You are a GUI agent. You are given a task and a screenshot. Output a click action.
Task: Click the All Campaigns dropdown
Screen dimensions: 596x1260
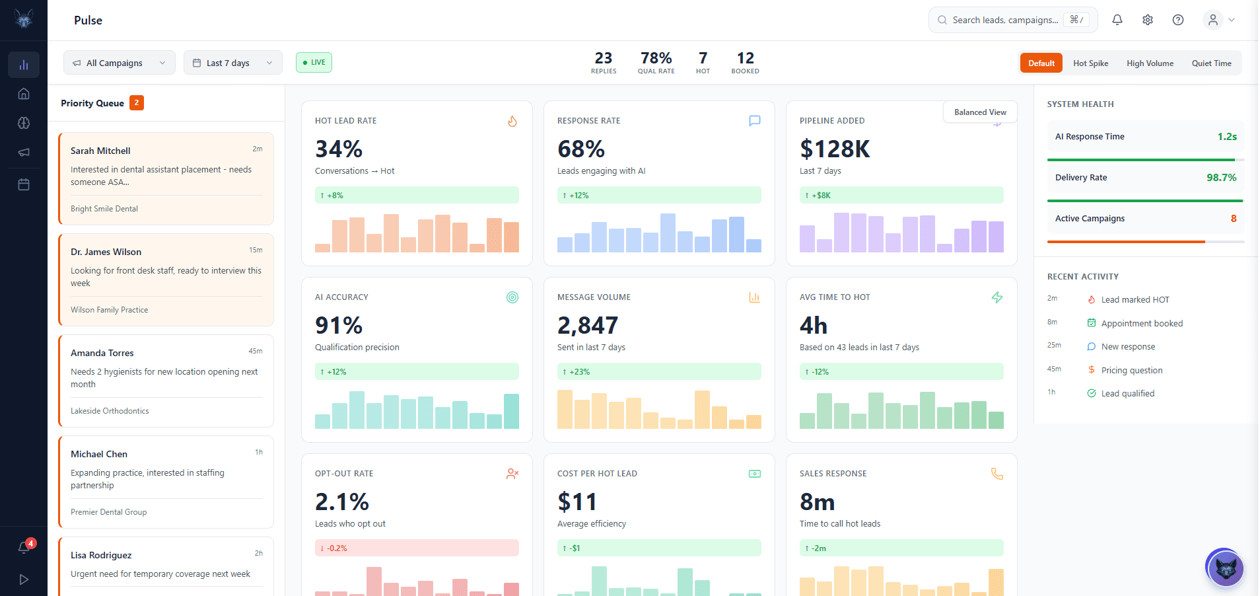coord(119,63)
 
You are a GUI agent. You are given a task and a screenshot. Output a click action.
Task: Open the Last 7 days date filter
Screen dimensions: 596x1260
coord(232,63)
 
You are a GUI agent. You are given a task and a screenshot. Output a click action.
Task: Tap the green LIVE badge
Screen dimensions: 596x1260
coord(314,62)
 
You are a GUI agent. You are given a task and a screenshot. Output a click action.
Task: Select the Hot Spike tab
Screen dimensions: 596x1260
coord(1090,63)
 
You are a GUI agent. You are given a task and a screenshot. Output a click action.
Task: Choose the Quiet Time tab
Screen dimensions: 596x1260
coord(1210,63)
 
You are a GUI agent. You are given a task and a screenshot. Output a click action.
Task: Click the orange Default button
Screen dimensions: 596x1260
coord(1041,63)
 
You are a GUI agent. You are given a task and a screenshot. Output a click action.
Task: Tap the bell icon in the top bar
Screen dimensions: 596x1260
coord(1117,20)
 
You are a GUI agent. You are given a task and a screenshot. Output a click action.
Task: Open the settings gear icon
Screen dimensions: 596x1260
coord(1147,20)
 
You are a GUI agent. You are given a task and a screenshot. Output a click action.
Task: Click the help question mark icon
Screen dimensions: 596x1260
coord(1177,20)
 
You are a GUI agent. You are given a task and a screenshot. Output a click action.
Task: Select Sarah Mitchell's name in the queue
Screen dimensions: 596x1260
coord(100,151)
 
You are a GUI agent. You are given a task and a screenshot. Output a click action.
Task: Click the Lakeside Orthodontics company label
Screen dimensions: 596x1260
coord(110,411)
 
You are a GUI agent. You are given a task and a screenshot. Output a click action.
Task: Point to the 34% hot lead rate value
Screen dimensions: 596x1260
coord(339,149)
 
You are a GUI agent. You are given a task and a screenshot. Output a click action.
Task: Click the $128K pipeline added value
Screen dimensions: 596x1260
coord(835,149)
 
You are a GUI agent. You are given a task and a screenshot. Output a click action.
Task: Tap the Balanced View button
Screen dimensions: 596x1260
coord(979,112)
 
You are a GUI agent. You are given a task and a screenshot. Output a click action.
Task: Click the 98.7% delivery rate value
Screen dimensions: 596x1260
coord(1220,178)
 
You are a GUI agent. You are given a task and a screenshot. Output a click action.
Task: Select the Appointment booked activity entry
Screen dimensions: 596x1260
coord(1141,323)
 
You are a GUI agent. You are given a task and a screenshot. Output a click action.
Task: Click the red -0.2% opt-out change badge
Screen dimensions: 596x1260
coord(417,548)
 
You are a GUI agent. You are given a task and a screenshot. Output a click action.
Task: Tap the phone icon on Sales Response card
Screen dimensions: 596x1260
coord(997,474)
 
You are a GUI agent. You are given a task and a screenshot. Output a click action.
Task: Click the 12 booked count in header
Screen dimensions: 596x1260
coord(745,59)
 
